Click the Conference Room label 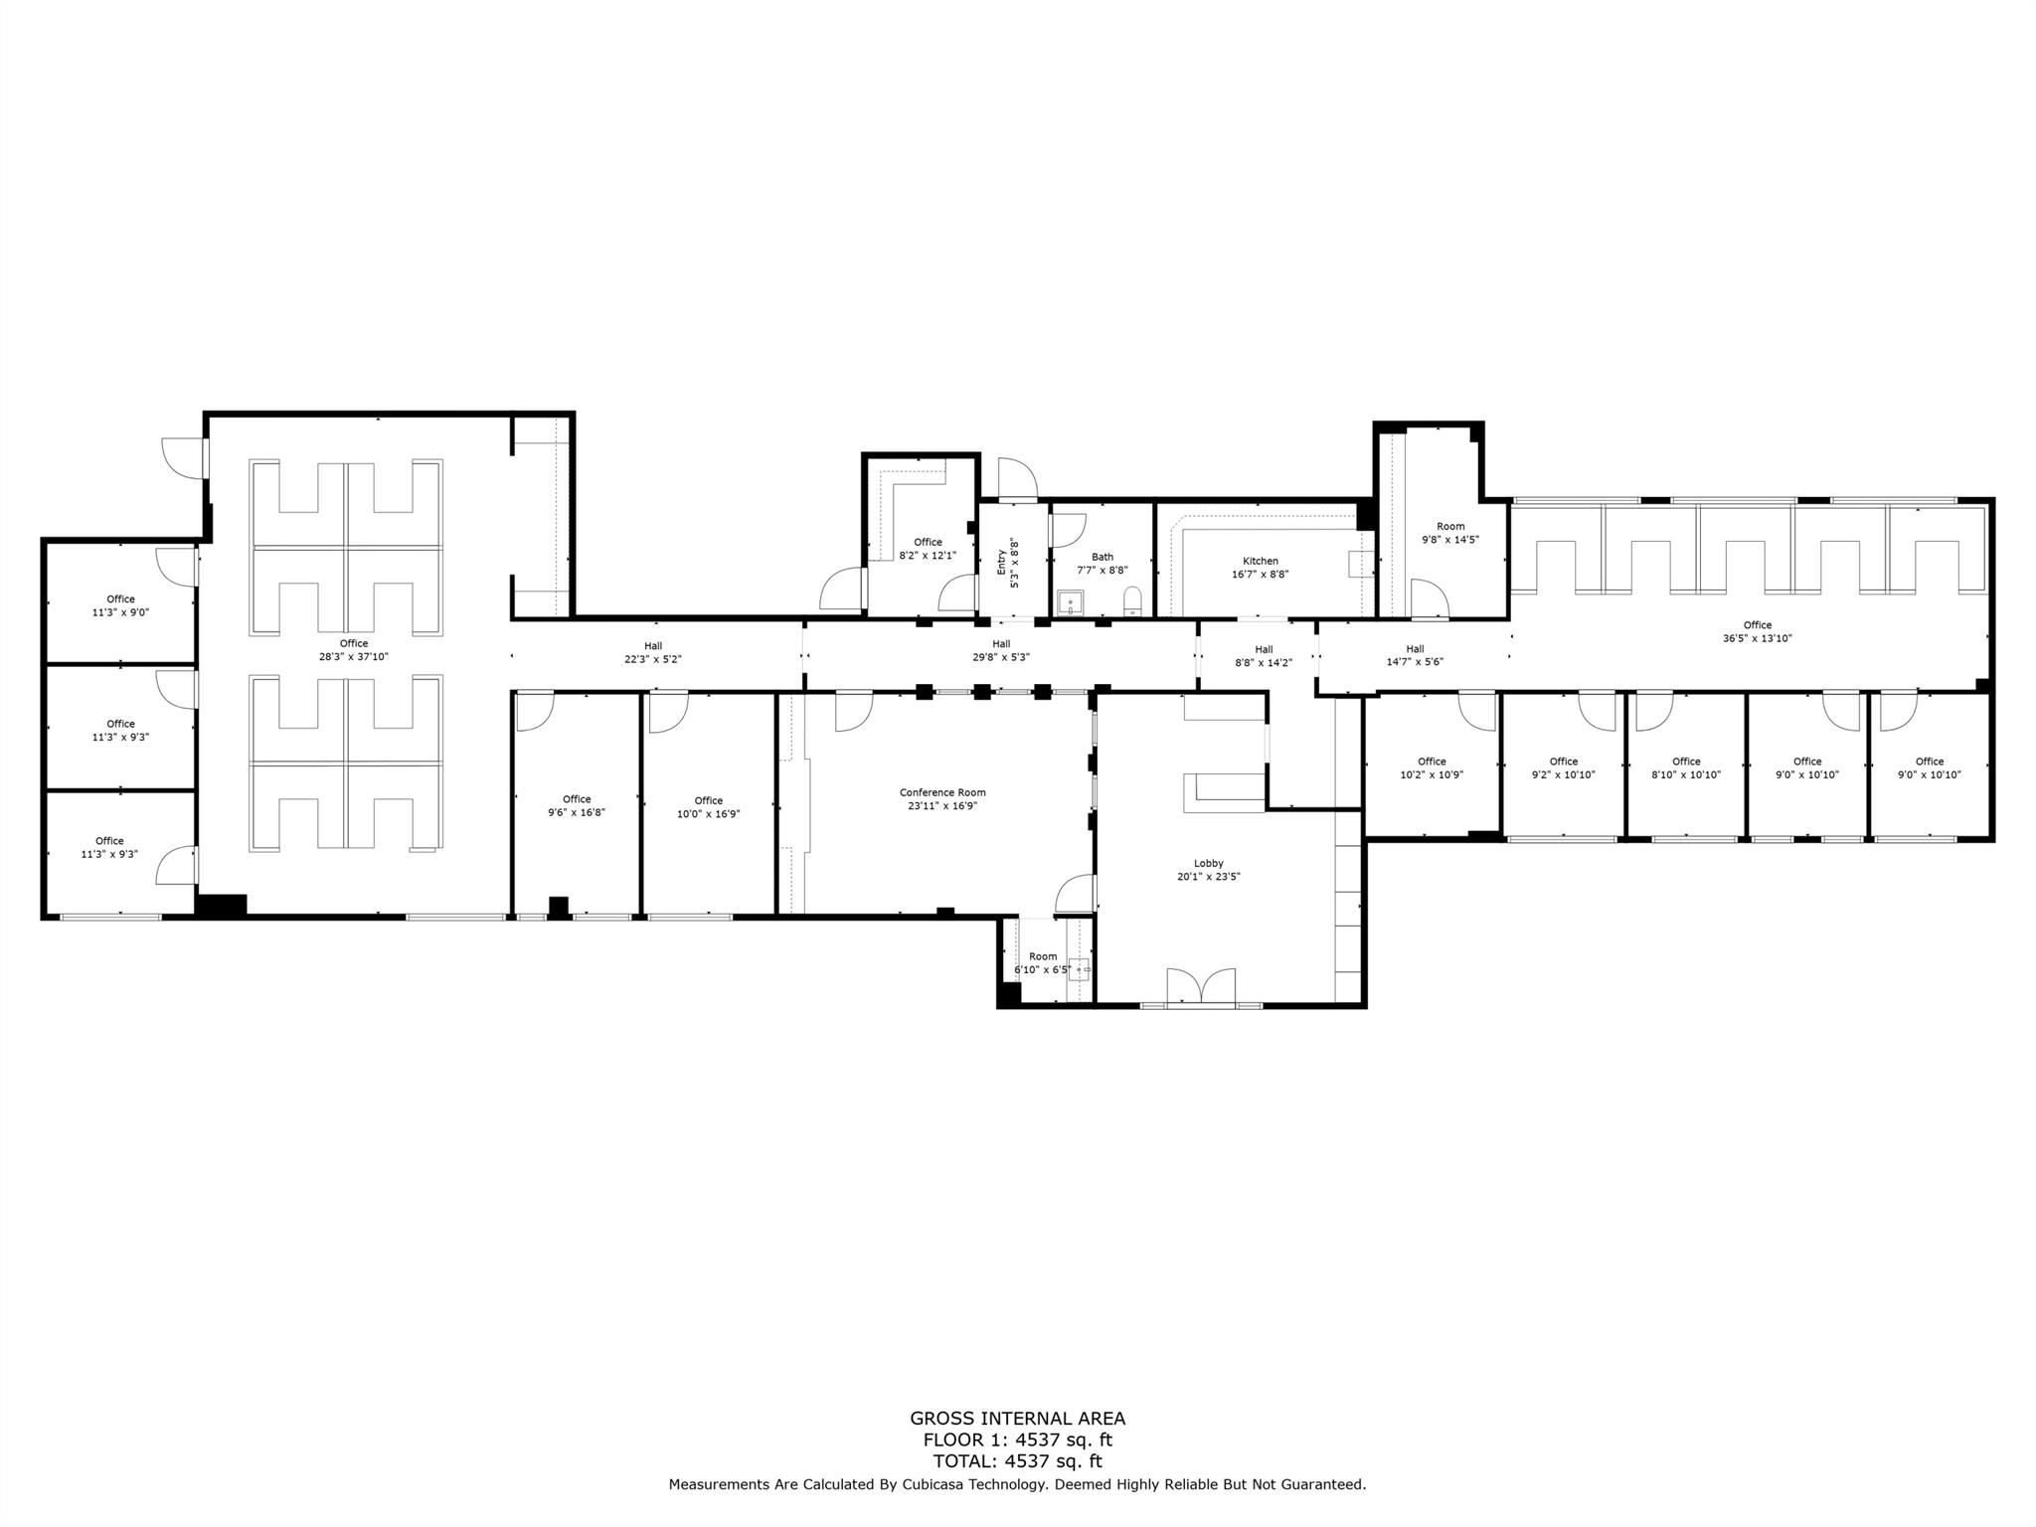click(942, 792)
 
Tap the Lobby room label click(1208, 863)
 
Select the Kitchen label click(1260, 561)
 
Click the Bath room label click(1102, 557)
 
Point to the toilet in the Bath click(1132, 600)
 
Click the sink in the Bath click(1070, 601)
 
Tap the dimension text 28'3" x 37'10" click(353, 656)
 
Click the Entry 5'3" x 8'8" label click(1008, 563)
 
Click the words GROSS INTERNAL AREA click(1017, 1419)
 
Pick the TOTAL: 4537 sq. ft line click(1017, 1460)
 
